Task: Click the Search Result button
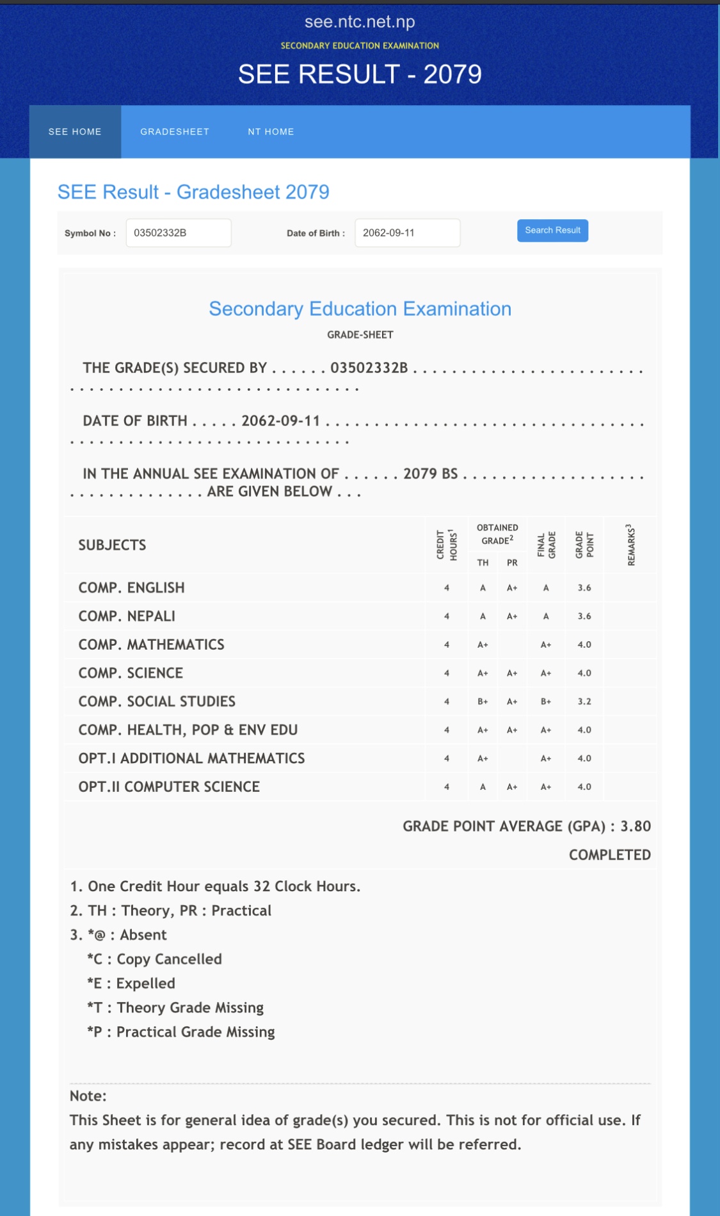[x=552, y=231]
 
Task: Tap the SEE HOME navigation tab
[x=75, y=132]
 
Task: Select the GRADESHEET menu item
[x=175, y=132]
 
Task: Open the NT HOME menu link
[x=271, y=132]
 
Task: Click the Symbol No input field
[x=179, y=233]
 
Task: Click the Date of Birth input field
[x=407, y=233]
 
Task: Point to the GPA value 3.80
[x=636, y=826]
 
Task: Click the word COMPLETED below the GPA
[x=609, y=855]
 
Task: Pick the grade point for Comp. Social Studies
[x=584, y=702]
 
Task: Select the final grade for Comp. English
[x=546, y=588]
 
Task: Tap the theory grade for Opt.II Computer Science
[x=483, y=787]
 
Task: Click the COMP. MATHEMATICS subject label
[x=151, y=645]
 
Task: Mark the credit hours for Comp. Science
[x=447, y=673]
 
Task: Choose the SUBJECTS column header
[x=112, y=545]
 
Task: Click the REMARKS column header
[x=631, y=545]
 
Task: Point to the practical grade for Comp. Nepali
[x=512, y=616]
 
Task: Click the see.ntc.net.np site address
[x=360, y=22]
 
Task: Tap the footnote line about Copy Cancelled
[x=155, y=959]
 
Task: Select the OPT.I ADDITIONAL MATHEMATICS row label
[x=191, y=759]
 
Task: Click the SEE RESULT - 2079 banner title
[x=360, y=74]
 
